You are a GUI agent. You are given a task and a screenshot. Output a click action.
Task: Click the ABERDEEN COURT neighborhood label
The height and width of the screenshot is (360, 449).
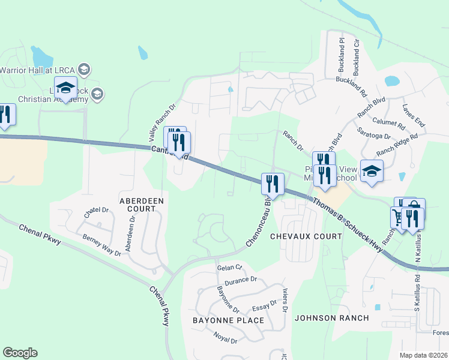[x=137, y=204]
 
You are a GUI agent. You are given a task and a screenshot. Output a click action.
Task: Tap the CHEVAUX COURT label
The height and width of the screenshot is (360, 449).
[x=306, y=236]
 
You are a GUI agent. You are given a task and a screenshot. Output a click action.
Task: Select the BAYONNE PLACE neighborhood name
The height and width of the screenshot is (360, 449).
[x=228, y=320]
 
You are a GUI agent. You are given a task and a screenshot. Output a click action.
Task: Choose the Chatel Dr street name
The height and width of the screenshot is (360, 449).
[x=96, y=211]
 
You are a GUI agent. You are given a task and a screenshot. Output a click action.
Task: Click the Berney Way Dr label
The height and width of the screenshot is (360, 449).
[x=101, y=245]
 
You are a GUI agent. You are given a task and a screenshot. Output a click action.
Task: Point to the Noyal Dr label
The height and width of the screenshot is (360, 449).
[x=226, y=336]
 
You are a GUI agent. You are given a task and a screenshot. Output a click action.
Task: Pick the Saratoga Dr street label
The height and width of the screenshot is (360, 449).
[x=373, y=133]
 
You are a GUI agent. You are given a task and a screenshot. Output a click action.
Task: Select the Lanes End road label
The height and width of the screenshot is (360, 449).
[x=414, y=115]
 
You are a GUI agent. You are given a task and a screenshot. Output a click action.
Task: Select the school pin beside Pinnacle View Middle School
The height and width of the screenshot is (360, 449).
[x=372, y=170]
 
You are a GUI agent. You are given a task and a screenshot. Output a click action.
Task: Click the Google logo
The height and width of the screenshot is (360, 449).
[x=20, y=353]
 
